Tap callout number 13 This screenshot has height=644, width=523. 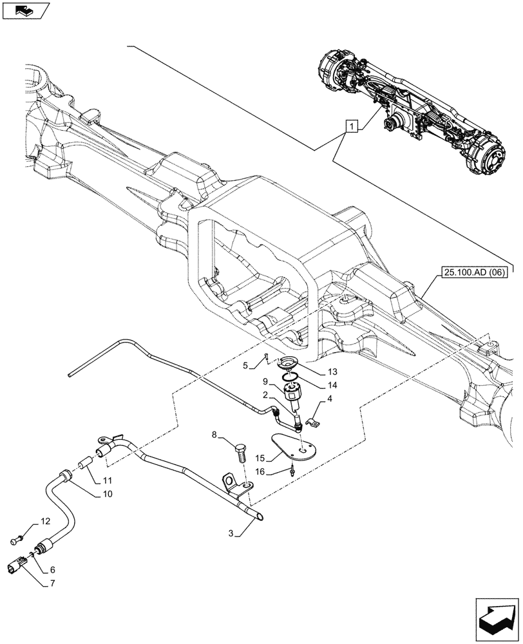332,372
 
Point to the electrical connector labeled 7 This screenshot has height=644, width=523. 17,565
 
